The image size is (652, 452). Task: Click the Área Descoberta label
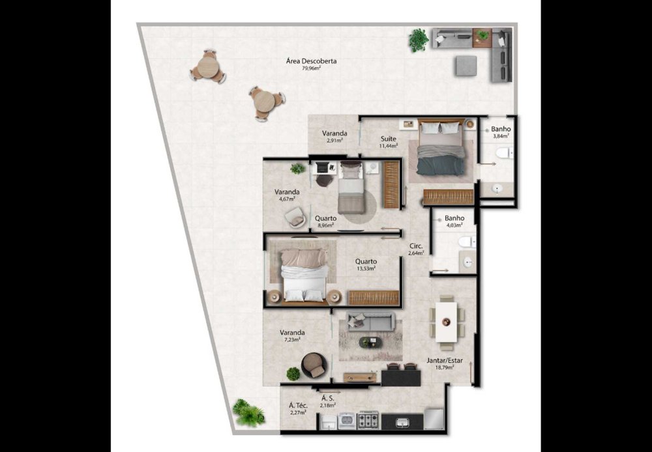click(312, 61)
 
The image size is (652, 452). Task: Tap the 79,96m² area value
click(311, 68)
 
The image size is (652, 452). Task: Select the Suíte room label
click(389, 139)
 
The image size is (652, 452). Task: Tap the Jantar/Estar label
click(445, 361)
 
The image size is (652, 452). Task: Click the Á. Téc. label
click(298, 406)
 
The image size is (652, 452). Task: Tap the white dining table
click(446, 322)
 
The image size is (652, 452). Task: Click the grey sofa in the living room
click(370, 321)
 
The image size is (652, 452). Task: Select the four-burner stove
click(369, 421)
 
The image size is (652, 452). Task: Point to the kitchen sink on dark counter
click(402, 423)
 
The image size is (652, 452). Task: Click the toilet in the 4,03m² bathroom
click(466, 242)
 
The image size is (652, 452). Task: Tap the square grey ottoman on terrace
click(466, 66)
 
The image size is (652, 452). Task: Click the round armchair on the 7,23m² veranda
click(314, 365)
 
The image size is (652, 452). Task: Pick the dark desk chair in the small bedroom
click(324, 180)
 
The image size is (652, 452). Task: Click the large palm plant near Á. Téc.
click(248, 412)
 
